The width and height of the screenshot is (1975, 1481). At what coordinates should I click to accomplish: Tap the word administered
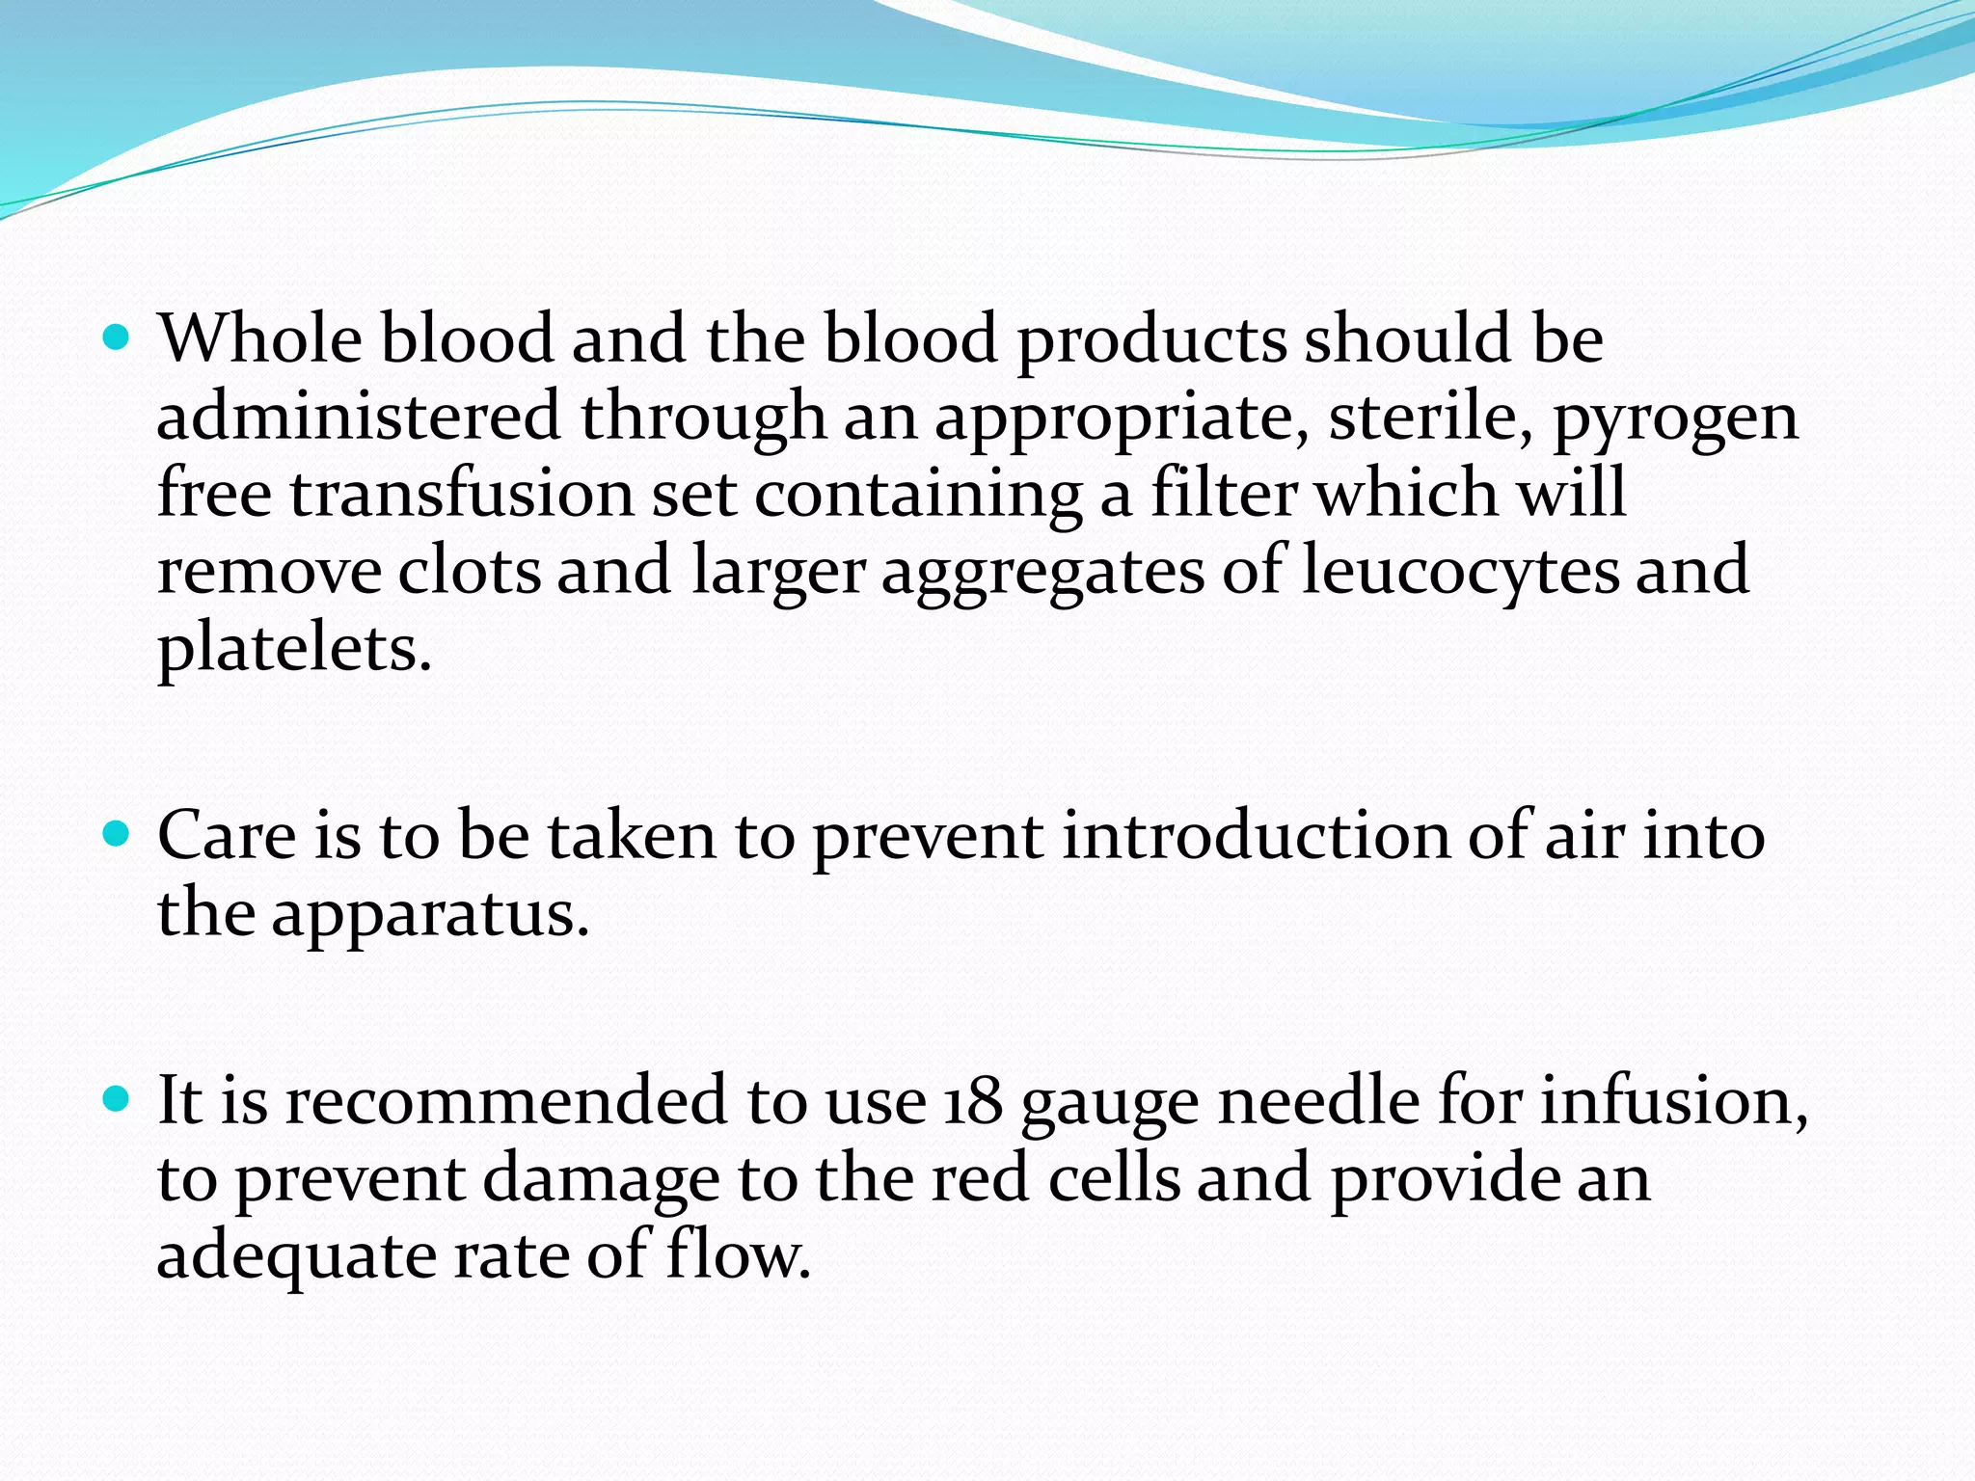tap(358, 417)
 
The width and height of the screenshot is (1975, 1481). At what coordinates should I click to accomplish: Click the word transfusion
tap(462, 494)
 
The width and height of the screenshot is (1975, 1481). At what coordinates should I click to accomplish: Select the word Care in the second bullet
tap(227, 835)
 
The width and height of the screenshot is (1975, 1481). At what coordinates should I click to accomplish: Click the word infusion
tap(1673, 1101)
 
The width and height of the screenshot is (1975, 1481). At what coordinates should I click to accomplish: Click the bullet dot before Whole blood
tap(116, 338)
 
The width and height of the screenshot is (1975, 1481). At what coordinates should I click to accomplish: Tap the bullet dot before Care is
tap(116, 834)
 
